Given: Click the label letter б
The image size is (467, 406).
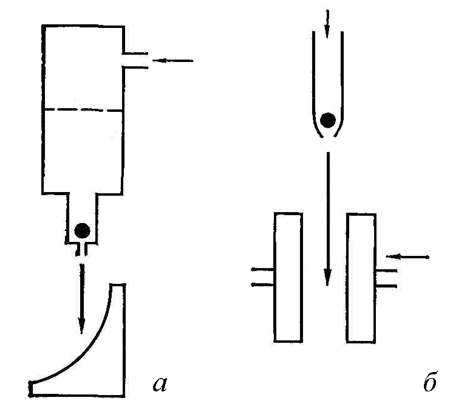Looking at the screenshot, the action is [429, 382].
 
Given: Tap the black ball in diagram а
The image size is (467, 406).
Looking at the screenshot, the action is [81, 230].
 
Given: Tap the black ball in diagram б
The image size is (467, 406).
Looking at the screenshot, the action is [328, 120].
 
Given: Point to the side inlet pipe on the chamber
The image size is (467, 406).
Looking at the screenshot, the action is [135, 60].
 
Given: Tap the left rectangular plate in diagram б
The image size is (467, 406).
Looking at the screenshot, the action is [288, 277].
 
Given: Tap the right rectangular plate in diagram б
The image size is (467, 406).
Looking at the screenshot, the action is [363, 277].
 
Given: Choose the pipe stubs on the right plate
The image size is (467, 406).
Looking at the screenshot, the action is [387, 277].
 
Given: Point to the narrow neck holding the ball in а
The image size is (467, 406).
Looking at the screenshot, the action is [81, 219].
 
